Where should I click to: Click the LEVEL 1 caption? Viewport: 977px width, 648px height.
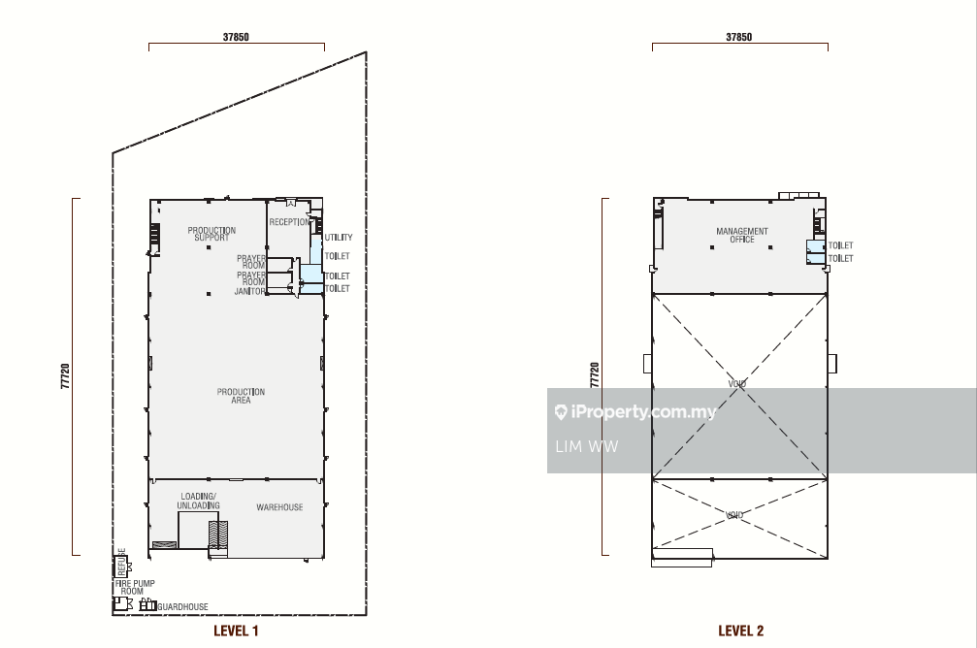236,631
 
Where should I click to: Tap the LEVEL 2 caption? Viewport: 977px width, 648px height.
740,631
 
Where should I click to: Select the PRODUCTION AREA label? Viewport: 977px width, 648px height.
242,396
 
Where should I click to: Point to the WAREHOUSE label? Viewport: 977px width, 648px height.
279,507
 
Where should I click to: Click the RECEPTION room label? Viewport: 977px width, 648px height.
290,222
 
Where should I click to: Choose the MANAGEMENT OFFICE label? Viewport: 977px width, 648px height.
742,235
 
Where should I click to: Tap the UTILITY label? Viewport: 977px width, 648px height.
339,238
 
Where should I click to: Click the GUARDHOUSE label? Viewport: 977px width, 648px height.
182,606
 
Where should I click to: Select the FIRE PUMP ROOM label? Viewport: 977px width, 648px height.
135,587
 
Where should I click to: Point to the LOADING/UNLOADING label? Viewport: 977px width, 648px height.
198,501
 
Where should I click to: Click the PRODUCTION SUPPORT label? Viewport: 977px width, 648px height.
212,234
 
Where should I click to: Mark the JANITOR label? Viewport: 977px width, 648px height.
250,291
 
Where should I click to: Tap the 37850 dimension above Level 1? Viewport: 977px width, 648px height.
236,37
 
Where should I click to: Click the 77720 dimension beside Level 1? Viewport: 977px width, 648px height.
65,376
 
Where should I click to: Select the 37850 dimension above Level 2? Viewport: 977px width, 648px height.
739,37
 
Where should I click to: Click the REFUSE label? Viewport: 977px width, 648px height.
121,563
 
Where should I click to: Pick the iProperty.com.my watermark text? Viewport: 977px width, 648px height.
635,412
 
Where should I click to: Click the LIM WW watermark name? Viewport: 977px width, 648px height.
586,447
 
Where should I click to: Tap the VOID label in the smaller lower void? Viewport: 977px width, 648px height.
734,515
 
